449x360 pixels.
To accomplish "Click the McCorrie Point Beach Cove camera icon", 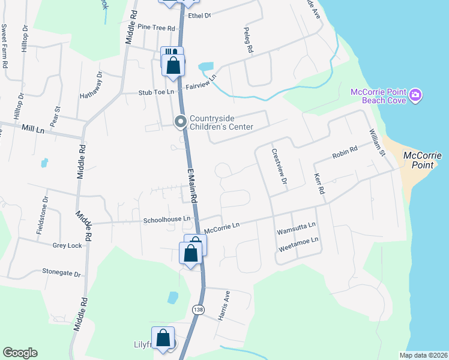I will (x=415, y=95).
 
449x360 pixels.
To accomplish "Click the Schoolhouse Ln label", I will (x=166, y=220).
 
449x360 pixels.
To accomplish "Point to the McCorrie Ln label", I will (x=221, y=227).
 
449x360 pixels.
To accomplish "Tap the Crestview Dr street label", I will (x=279, y=167).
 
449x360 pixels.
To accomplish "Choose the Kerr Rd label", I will (x=319, y=184).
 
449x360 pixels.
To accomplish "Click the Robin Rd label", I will (x=345, y=152).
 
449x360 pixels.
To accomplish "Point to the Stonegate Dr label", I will (x=61, y=272).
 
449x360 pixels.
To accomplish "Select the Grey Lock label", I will (x=67, y=245).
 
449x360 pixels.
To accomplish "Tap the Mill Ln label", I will (x=32, y=129).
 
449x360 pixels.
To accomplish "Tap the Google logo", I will (x=20, y=352).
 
